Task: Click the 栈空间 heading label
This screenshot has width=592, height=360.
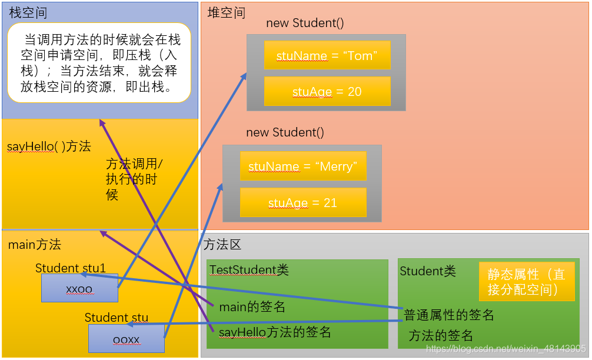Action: pos(28,13)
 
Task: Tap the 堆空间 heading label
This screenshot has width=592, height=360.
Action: pos(227,13)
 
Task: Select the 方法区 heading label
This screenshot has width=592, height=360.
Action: pos(222,245)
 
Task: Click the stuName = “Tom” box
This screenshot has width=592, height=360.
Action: pos(327,56)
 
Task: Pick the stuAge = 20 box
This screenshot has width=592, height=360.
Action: pos(327,92)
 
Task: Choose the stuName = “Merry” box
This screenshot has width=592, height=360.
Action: pos(303,166)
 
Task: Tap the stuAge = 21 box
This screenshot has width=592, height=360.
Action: pos(303,203)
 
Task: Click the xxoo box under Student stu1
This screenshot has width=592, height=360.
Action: pos(79,288)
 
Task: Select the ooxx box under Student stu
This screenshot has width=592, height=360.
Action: pos(126,339)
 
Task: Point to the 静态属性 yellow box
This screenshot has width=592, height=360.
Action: pos(526,282)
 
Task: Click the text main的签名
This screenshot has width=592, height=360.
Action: pos(252,307)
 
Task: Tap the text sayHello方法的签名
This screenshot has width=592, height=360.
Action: pos(275,332)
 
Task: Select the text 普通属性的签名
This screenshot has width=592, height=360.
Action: pos(448,315)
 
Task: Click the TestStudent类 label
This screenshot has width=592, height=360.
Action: pos(250,270)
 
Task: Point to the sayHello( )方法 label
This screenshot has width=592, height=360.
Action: pos(49,146)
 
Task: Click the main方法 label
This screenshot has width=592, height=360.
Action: pos(35,245)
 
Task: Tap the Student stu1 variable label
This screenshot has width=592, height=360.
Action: pos(71,268)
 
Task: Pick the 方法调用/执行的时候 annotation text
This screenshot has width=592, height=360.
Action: pos(134,179)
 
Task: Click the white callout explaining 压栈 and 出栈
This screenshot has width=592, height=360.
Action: pos(99,62)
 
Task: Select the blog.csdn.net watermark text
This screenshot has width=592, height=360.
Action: pos(505,349)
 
